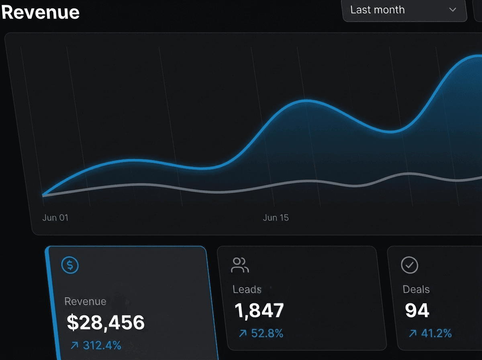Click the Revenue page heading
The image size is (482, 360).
point(40,12)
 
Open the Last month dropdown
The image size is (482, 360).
point(404,10)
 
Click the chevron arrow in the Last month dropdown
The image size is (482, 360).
point(453,10)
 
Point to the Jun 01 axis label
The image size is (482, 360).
point(55,218)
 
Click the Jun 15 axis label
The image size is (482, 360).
point(276,218)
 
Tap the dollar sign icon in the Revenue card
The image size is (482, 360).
point(70,265)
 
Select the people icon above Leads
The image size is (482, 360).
point(240,265)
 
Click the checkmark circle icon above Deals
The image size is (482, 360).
point(410,265)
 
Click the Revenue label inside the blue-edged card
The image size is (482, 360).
point(85,301)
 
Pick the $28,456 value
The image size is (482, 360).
point(106,322)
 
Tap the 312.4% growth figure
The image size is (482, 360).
point(102,345)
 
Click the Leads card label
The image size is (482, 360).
point(247,289)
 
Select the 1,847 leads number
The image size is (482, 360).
point(259,310)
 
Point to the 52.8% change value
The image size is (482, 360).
point(267,333)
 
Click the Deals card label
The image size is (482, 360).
point(416,289)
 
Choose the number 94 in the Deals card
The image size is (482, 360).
point(417,310)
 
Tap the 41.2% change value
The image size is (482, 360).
point(436,333)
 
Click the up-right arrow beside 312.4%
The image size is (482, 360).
point(74,345)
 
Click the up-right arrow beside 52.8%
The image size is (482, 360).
point(243,333)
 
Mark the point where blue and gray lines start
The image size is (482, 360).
point(43,196)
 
